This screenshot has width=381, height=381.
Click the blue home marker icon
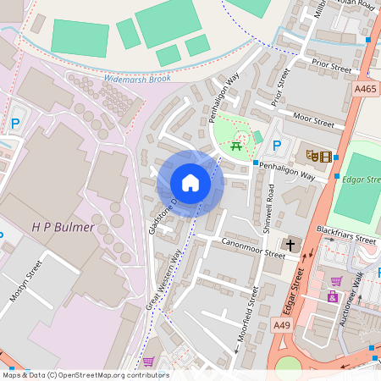(x=190, y=183)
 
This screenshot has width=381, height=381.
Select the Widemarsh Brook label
(x=135, y=78)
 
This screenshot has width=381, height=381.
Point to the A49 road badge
(x=281, y=324)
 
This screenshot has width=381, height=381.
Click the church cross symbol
(x=291, y=246)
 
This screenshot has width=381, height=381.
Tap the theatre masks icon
(x=312, y=156)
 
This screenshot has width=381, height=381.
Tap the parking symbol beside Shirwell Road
(x=277, y=146)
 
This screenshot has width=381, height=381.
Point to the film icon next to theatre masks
(x=327, y=156)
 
